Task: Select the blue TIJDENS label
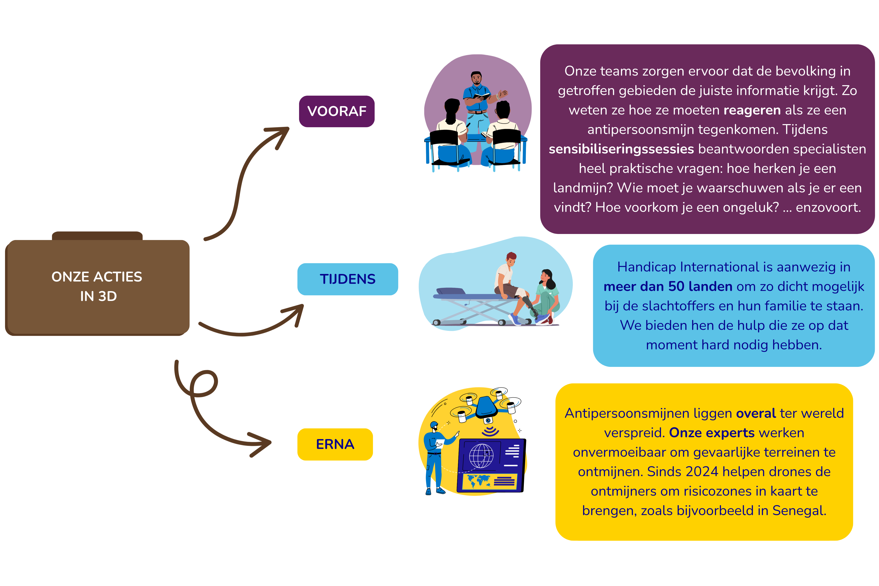point(348,279)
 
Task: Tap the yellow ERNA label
point(335,444)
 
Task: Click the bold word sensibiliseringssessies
point(621,149)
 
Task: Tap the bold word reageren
point(752,110)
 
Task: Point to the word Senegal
point(799,510)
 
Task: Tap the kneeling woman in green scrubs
point(546,295)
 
